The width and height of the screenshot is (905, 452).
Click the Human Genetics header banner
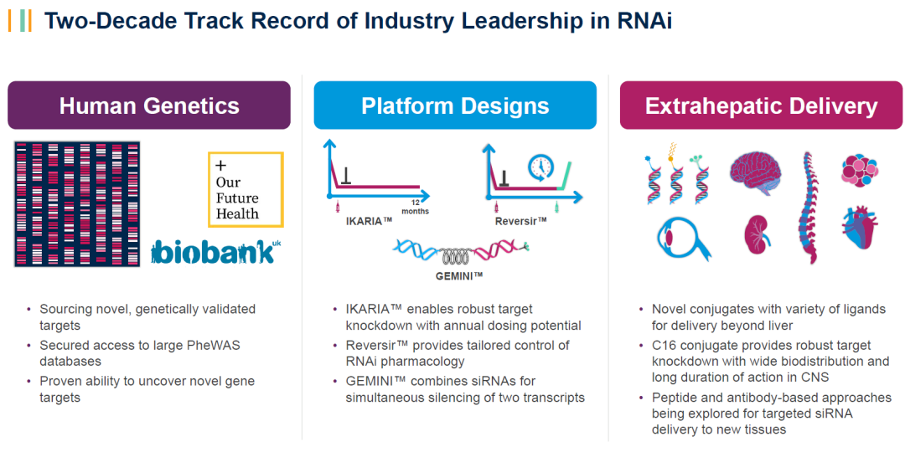point(149,105)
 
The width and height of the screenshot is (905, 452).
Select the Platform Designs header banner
point(455,105)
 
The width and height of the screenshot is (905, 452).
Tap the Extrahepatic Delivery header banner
point(761,105)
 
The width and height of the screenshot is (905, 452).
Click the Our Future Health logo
point(246,189)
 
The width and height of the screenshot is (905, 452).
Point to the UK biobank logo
point(212,253)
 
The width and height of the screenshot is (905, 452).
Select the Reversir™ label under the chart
point(520,220)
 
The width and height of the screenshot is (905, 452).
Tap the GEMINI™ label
point(459,276)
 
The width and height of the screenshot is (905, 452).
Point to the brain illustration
point(755,172)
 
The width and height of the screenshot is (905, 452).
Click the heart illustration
point(860,229)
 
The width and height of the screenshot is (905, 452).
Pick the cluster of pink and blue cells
point(861,170)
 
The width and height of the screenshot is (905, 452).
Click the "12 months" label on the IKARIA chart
point(416,207)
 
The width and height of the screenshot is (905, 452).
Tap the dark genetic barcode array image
point(77,203)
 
